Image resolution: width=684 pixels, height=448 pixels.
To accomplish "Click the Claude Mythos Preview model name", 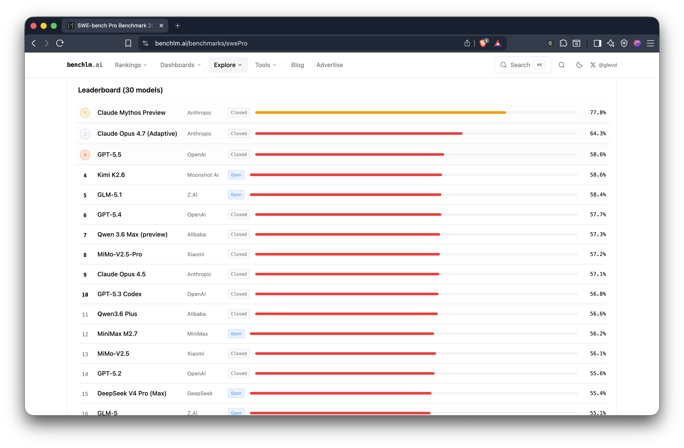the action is click(x=131, y=113).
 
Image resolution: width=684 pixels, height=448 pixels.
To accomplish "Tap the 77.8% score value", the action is click(x=598, y=113).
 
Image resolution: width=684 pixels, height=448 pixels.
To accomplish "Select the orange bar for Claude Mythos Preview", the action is click(x=381, y=113).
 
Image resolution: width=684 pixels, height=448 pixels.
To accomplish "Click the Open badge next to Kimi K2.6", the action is click(x=236, y=175).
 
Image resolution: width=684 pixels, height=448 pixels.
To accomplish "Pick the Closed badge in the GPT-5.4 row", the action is click(x=238, y=214).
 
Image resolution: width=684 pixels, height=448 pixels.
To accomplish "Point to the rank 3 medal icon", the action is click(x=85, y=155).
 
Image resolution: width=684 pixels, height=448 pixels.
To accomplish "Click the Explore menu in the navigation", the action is click(x=228, y=65).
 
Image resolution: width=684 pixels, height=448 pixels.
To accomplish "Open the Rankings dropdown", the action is click(x=131, y=65).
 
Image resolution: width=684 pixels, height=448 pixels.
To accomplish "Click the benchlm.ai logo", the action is click(x=85, y=65).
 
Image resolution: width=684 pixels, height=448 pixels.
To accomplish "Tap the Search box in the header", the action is click(x=522, y=65).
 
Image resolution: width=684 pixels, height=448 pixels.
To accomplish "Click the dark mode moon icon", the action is click(x=579, y=65).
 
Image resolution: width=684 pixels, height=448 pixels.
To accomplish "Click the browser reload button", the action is click(x=60, y=43).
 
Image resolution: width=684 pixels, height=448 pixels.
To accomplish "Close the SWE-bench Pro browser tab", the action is click(x=161, y=26).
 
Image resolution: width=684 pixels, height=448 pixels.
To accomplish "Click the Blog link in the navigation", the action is click(x=297, y=65).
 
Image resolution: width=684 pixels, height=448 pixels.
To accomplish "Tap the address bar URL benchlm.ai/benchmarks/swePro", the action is click(x=201, y=43).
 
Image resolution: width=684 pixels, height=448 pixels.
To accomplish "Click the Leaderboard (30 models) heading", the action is click(x=120, y=90).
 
